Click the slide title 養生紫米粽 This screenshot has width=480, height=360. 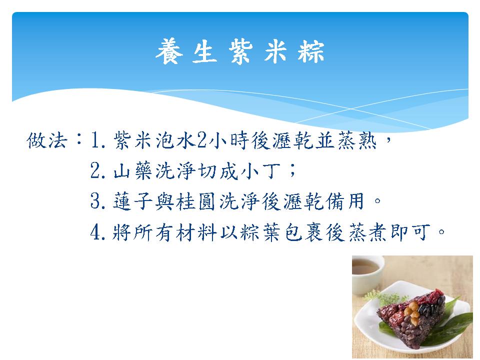[x=240, y=51]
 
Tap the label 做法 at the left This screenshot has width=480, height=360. [x=47, y=141]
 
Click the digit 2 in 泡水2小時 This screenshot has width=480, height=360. [x=201, y=140]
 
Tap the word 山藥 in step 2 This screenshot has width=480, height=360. [x=133, y=171]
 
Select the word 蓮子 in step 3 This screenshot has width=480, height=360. [x=133, y=201]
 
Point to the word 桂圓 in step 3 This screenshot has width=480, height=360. [x=196, y=201]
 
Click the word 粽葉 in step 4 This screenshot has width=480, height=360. [x=260, y=232]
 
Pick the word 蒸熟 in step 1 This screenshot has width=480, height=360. [x=357, y=141]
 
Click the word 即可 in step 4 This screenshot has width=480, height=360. [x=410, y=232]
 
